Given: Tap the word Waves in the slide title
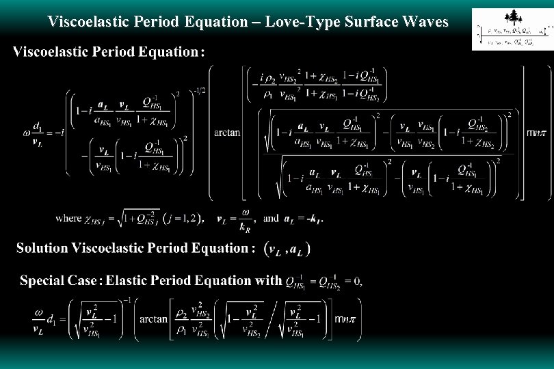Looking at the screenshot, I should tap(425, 22).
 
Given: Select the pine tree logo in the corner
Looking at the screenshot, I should tap(512, 17).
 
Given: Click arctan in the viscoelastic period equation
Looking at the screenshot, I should tap(228, 133).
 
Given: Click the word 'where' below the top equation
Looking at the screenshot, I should tap(68, 219).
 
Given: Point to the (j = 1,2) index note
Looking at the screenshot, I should tap(181, 219).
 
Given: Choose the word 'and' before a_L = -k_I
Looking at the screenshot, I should tap(272, 219).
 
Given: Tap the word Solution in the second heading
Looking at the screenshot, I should tap(43, 248).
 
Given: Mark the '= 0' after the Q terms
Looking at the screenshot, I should tap(353, 280).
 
